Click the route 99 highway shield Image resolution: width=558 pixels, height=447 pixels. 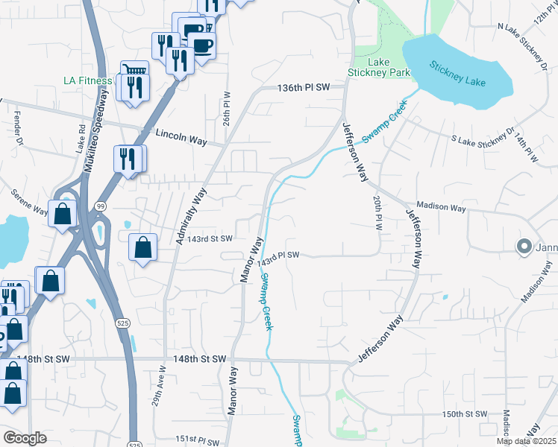pyautogui.click(x=101, y=205)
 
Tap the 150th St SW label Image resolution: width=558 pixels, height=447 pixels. pyautogui.click(x=464, y=413)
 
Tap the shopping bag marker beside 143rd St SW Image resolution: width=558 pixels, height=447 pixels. pyautogui.click(x=142, y=247)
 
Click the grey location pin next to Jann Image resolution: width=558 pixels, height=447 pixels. pyautogui.click(x=524, y=247)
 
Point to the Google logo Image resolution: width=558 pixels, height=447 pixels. pyautogui.click(x=25, y=438)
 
